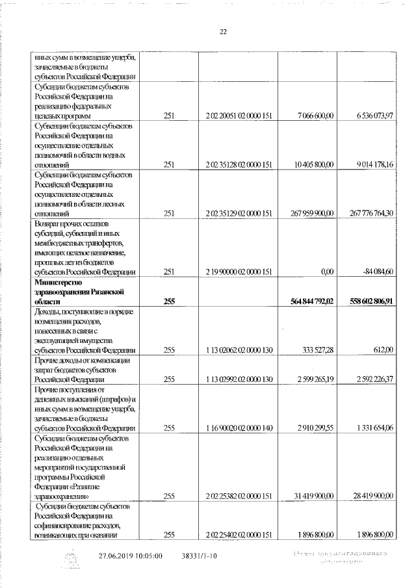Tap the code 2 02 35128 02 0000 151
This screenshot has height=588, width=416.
(x=237, y=164)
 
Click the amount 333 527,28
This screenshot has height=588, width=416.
(x=317, y=350)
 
